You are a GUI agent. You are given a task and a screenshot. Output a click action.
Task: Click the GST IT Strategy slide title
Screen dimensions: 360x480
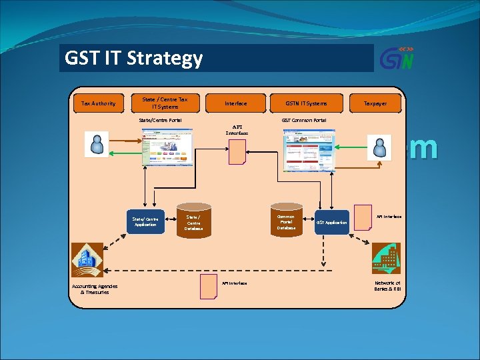click(x=133, y=59)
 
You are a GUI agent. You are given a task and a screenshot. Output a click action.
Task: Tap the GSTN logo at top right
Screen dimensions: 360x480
click(x=397, y=58)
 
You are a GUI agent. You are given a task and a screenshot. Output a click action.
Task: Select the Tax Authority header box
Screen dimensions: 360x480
click(x=98, y=103)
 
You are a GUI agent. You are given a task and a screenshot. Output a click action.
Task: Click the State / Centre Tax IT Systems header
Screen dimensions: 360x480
click(x=165, y=103)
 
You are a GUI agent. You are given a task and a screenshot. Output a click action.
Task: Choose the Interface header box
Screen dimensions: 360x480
click(x=235, y=103)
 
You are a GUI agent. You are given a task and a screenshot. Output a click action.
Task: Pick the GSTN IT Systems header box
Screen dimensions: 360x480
click(x=306, y=103)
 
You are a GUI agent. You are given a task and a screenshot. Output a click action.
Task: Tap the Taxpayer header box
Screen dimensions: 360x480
click(x=375, y=103)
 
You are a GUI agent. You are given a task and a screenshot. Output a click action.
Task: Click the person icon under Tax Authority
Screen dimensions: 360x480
click(x=97, y=144)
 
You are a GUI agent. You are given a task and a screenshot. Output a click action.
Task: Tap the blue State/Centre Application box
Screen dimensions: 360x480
click(x=145, y=222)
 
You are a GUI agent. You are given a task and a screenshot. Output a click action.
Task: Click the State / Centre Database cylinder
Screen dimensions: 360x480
click(x=193, y=222)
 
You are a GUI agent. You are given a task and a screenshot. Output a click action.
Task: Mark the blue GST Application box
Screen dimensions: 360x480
click(x=331, y=222)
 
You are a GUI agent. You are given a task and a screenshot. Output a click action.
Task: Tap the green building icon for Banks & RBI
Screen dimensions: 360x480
click(x=386, y=259)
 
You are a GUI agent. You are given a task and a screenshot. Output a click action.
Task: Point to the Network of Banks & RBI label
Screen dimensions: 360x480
click(x=387, y=286)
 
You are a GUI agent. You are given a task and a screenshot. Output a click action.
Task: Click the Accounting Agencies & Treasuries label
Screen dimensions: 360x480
click(x=95, y=289)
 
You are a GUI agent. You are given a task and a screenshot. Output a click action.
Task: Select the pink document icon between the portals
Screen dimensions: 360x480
click(x=237, y=151)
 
